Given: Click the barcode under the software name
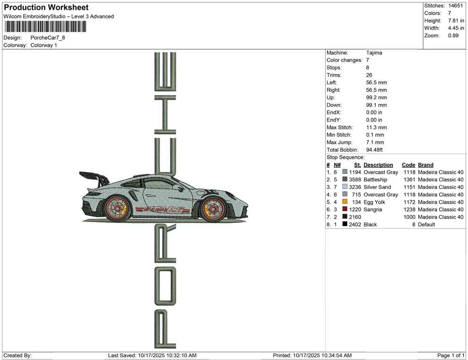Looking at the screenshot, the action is coord(45,27).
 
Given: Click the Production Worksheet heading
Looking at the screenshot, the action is coord(46,8).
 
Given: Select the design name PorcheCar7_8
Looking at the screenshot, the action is coord(48,38).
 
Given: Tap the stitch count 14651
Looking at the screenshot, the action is coord(455,6).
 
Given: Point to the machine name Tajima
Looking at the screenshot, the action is coord(374,52).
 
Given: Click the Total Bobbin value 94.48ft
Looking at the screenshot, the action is coord(374,150).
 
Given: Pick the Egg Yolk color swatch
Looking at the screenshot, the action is coord(345,202).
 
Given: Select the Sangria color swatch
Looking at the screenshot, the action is coord(345,209).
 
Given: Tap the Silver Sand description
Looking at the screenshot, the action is coord(377,187).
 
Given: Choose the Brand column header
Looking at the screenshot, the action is coord(425,165).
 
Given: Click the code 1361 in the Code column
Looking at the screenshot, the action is coord(409,180).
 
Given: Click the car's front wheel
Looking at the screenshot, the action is coord(214,209).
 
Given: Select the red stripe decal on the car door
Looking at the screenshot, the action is coord(163,210).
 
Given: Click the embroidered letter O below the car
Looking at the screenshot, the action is coord(165,286).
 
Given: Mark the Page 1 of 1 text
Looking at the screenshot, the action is coord(451,355).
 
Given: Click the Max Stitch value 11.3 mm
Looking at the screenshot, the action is coord(376,128).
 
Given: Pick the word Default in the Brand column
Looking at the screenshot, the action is coord(426,224).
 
